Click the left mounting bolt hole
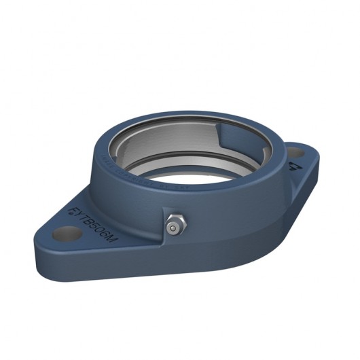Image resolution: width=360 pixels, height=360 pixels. [65, 234]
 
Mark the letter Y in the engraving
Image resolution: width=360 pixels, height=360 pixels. [79, 211]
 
